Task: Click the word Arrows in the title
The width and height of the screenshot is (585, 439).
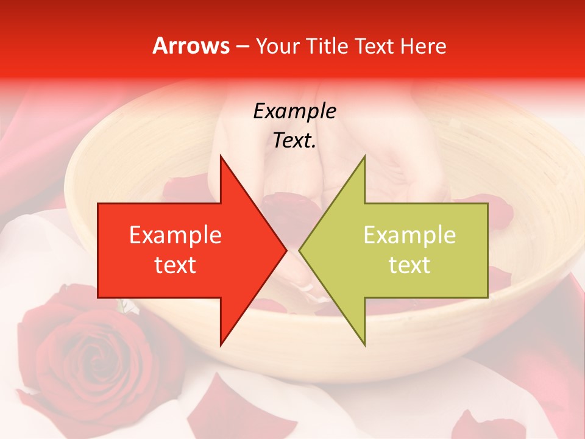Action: point(191,46)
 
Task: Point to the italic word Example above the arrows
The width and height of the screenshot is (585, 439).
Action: point(294,111)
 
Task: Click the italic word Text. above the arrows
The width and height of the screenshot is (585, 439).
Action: point(294,141)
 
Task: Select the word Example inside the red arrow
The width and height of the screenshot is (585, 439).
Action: point(175,235)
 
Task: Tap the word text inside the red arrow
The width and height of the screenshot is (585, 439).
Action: point(175,265)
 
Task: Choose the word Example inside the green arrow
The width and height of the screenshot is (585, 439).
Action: point(409,235)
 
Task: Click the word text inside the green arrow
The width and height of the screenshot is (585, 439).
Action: point(409,265)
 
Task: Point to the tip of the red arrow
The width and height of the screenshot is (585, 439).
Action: point(286,250)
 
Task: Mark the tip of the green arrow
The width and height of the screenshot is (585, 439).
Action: point(299,250)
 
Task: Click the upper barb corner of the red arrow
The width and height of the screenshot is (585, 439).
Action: point(221,155)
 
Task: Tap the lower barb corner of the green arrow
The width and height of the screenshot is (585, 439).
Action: point(365,345)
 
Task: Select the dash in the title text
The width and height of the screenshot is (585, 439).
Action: point(242,46)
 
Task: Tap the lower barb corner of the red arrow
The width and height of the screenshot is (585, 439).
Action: point(221,345)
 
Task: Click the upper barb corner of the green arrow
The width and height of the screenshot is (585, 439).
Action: point(365,155)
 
